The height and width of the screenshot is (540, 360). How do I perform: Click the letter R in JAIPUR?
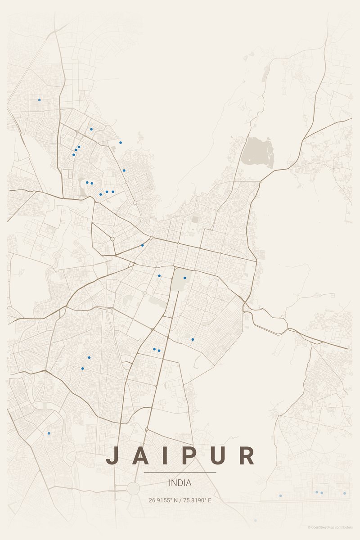(247, 455)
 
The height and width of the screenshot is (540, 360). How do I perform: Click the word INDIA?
(180, 483)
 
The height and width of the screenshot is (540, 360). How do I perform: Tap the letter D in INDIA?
(180, 483)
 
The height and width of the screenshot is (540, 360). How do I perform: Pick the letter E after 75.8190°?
(209, 500)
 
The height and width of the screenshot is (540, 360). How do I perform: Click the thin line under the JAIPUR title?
(180, 472)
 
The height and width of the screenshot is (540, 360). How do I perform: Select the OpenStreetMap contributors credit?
(332, 527)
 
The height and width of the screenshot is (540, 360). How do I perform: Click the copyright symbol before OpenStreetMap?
(309, 527)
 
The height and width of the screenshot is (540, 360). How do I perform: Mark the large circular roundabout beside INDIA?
(133, 489)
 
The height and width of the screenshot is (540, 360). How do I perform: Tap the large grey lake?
(257, 152)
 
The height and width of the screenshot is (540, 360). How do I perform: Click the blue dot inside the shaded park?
(184, 278)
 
